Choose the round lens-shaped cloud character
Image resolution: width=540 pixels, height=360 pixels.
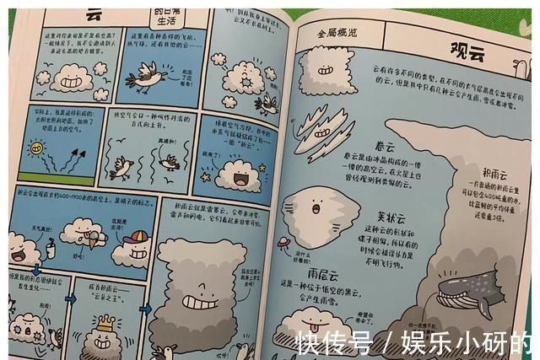[316, 207]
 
